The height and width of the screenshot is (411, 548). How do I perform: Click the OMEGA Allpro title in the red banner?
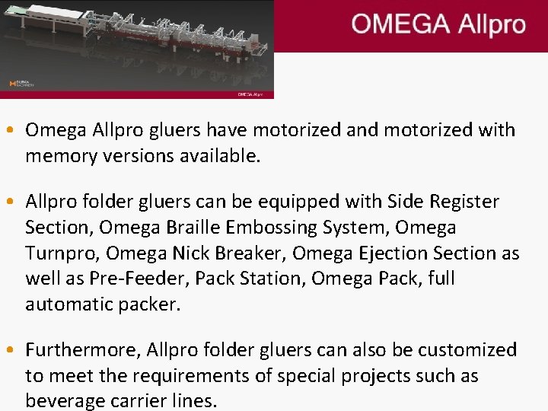click(438, 24)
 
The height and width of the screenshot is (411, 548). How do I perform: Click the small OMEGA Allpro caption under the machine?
click(250, 94)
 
